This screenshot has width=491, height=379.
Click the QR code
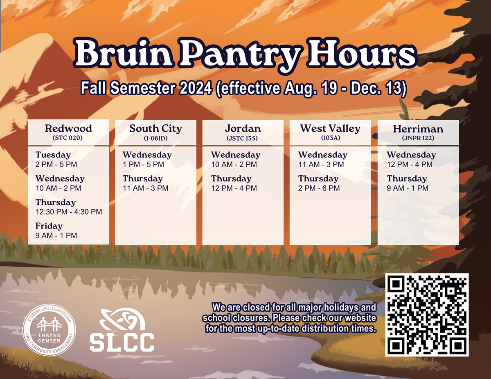pos(427,315)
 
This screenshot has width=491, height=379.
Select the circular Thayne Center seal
pos(49,331)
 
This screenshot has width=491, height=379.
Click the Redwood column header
pos(68,129)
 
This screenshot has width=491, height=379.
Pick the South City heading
pos(155,129)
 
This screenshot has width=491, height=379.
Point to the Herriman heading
pos(418,129)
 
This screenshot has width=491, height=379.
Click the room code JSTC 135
pos(242,139)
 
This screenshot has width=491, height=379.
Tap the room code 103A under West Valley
pos(331,138)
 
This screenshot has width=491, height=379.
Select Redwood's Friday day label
pos(49,226)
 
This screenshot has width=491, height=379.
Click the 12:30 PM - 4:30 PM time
pos(69,212)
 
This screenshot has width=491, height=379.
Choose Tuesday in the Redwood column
pos(53,155)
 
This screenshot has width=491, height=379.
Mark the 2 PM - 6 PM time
pos(319,188)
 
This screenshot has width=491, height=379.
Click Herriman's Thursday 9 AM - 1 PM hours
pos(408,188)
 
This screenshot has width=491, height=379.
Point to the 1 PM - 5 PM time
pos(143,164)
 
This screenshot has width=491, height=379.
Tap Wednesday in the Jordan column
pos(235,155)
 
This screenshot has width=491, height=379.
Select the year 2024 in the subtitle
pos(192,89)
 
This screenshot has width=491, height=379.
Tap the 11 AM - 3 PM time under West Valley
pos(321,164)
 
